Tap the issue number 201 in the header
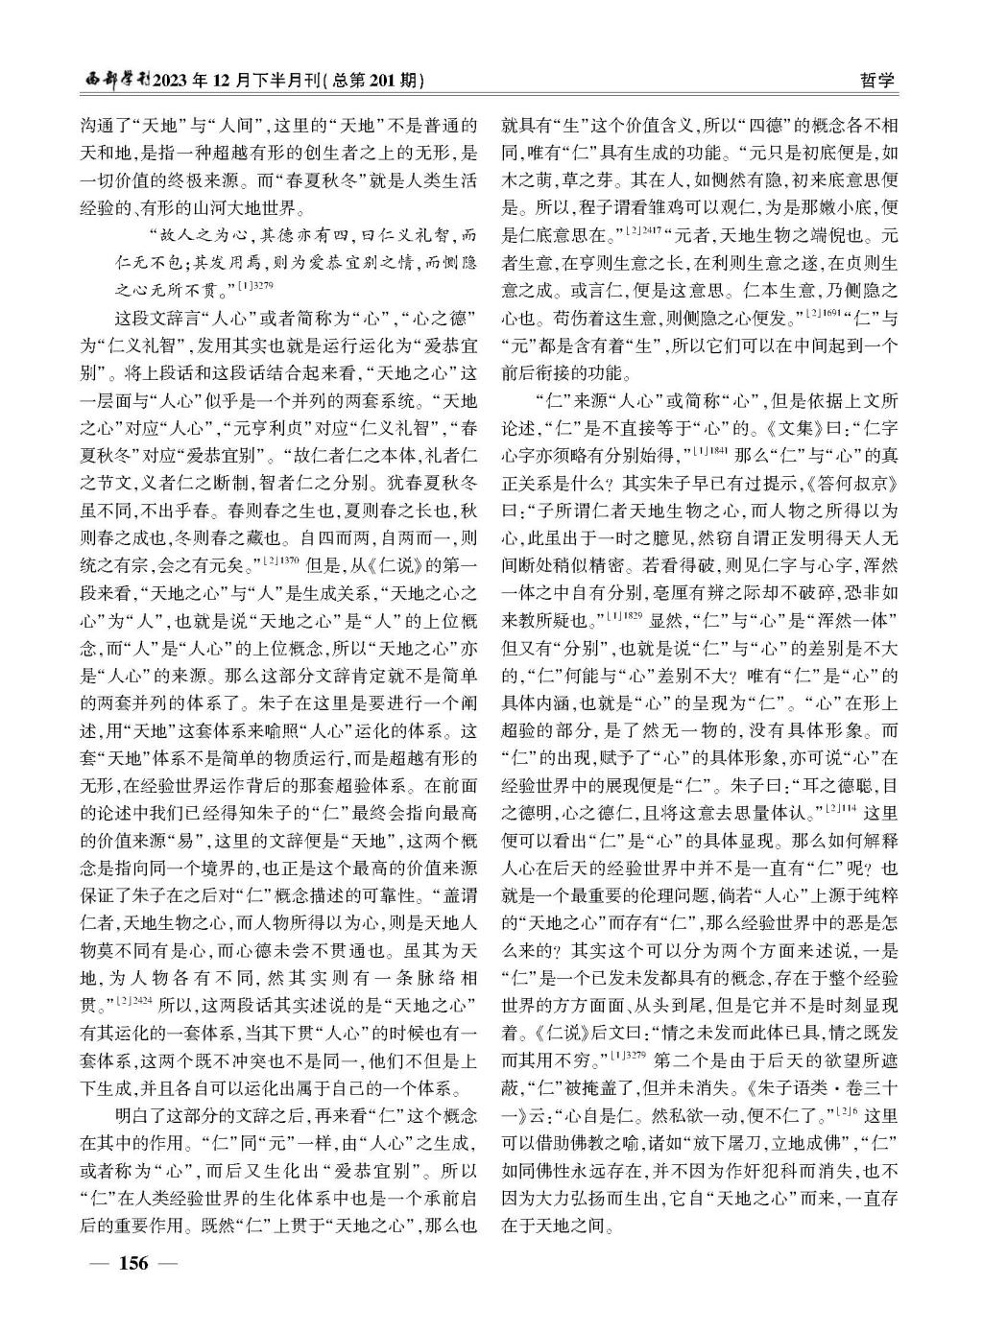[388, 80]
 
